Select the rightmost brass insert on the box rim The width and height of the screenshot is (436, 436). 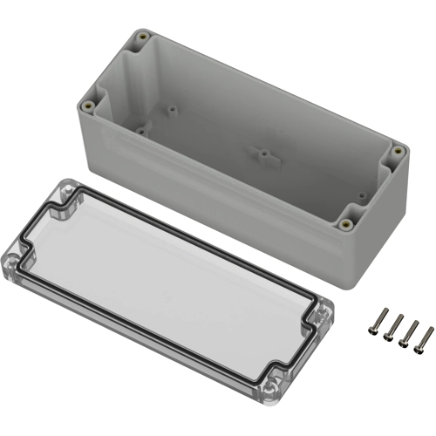[399, 152]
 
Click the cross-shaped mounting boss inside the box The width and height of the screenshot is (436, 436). [261, 153]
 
